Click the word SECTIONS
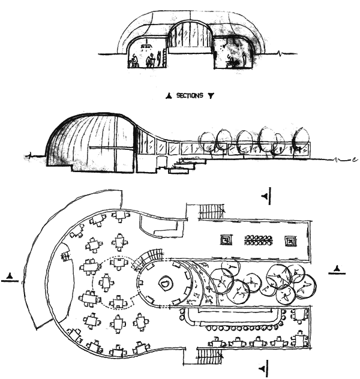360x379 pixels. tap(190, 95)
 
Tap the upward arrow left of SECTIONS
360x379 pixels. tap(170, 95)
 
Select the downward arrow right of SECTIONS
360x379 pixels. tap(210, 95)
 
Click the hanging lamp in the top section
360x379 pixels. tap(145, 45)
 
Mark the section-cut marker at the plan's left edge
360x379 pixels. tap(8, 276)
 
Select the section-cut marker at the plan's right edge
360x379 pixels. tap(338, 269)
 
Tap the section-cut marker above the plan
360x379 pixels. tap(267, 195)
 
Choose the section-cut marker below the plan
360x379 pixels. tap(263, 366)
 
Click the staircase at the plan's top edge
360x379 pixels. tap(212, 212)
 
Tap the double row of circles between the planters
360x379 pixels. tap(259, 241)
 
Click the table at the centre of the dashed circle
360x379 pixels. tap(107, 281)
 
